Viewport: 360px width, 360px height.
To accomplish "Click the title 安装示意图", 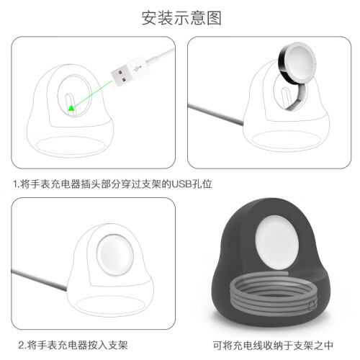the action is [x=181, y=18].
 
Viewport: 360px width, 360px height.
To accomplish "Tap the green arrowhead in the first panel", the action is [x=71, y=108].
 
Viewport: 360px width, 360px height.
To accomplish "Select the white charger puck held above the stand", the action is [x=297, y=63].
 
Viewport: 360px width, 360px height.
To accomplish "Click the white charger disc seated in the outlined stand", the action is [x=115, y=255].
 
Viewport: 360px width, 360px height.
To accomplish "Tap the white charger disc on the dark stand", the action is [x=277, y=243].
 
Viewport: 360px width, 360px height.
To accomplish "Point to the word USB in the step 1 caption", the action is [x=181, y=184].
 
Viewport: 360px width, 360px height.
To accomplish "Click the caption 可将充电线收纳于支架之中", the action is [x=273, y=346].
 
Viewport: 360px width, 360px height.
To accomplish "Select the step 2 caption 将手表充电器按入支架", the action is [x=77, y=345].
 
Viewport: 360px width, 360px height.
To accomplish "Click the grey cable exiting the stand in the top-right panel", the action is [x=215, y=114].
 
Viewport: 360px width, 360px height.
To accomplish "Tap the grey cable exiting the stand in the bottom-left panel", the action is [x=39, y=280].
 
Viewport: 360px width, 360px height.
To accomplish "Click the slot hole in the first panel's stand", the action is [x=70, y=104].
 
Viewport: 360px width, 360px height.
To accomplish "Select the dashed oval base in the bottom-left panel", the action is [x=111, y=305].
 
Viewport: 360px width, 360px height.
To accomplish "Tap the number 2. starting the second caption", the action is [x=22, y=346].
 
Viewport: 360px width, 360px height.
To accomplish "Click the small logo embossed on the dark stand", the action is [x=312, y=305].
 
